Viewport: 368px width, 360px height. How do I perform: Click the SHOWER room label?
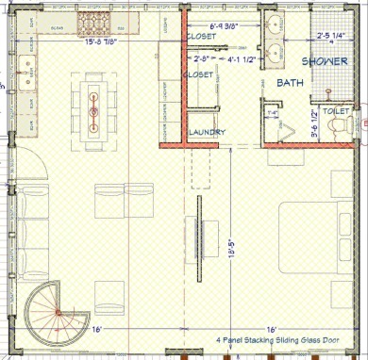point(323,61)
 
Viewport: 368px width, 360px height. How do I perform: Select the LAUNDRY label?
point(207,133)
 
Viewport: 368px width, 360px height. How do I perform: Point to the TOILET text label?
point(334,110)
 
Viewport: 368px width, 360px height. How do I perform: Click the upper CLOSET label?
point(200,37)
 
